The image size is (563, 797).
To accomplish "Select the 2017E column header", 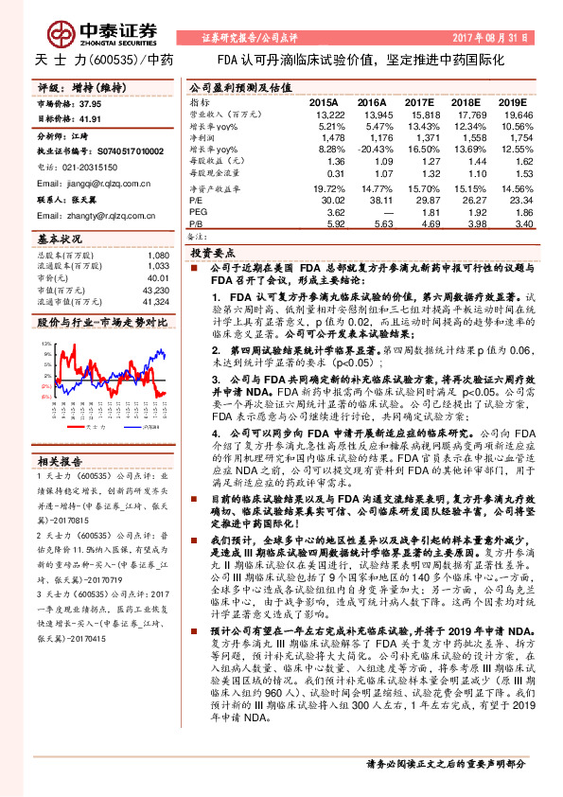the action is click(418, 101).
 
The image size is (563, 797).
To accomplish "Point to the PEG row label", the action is click(199, 213).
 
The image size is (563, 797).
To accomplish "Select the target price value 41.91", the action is click(91, 119).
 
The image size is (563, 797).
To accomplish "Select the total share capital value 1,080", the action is click(157, 256).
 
